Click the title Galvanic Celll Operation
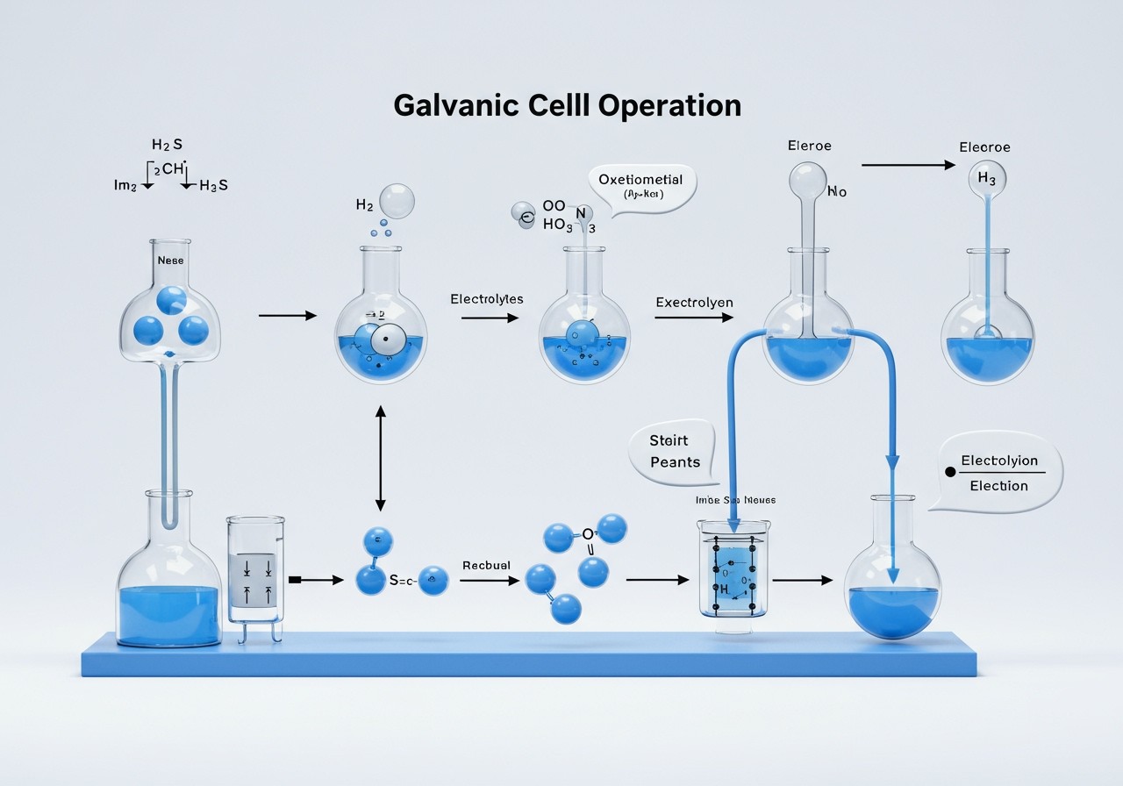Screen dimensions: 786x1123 tap(567, 105)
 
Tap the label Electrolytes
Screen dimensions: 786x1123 tap(486, 299)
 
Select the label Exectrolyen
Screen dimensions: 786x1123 tap(694, 302)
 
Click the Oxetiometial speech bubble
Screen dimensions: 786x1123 tap(640, 186)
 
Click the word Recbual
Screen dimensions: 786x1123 tap(485, 566)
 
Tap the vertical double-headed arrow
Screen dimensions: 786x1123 tap(380, 458)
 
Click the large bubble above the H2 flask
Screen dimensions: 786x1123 tap(397, 201)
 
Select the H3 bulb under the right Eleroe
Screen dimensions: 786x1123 tap(986, 179)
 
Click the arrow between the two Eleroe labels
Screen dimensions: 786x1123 tap(908, 164)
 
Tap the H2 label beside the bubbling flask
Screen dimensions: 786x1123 tap(364, 204)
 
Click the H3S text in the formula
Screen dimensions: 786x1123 tap(213, 186)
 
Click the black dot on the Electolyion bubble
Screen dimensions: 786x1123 tap(948, 472)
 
